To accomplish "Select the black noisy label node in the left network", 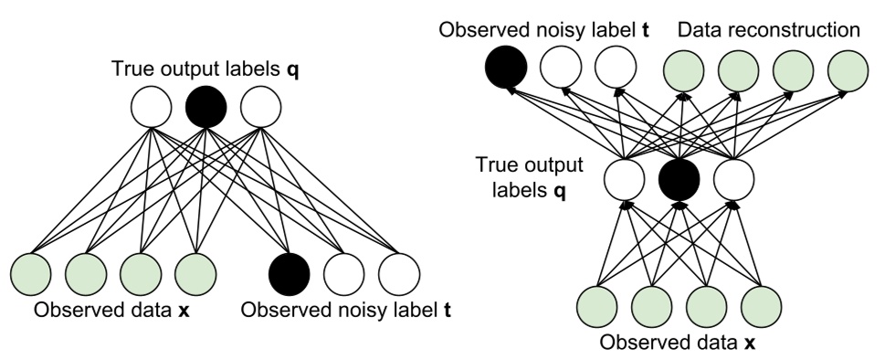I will point(289,271).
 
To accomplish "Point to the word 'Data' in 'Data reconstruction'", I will point(699,30).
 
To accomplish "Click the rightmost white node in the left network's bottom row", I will point(398,271).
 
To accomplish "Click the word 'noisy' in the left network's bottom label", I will point(352,311).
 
